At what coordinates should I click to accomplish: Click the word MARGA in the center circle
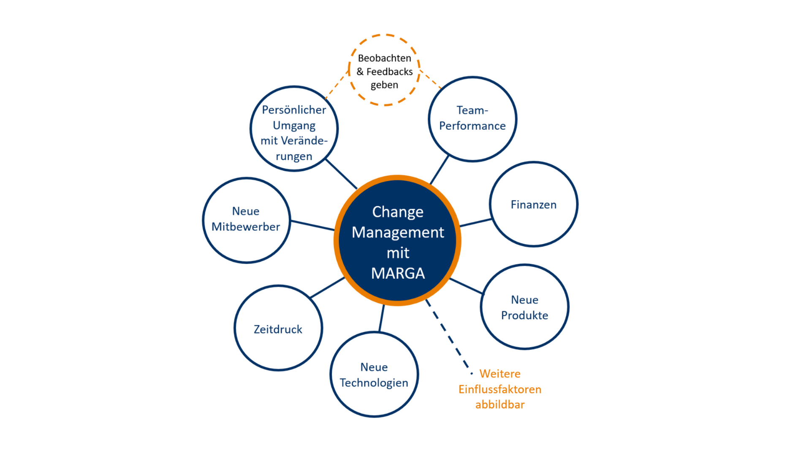point(398,273)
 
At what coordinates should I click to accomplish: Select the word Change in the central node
point(398,212)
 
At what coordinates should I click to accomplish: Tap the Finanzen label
point(533,205)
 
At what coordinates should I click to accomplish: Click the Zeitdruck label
point(278,329)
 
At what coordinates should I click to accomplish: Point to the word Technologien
point(374,383)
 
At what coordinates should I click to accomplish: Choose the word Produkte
point(524,315)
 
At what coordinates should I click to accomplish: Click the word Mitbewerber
point(246,227)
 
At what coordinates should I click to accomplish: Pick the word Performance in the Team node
point(472,126)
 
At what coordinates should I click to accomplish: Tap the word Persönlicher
point(294,110)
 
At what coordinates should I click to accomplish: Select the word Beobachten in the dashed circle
point(384,58)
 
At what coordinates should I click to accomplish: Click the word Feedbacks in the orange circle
point(389,71)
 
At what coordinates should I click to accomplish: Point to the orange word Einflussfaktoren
point(499,389)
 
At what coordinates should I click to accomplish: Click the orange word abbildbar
point(499,405)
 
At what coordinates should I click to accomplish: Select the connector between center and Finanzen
point(475,223)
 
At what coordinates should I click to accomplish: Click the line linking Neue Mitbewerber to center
point(312,225)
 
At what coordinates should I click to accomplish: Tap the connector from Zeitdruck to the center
point(328,287)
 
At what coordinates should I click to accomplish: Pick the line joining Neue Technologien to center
point(382,318)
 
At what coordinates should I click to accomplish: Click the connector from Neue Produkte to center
point(466,286)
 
